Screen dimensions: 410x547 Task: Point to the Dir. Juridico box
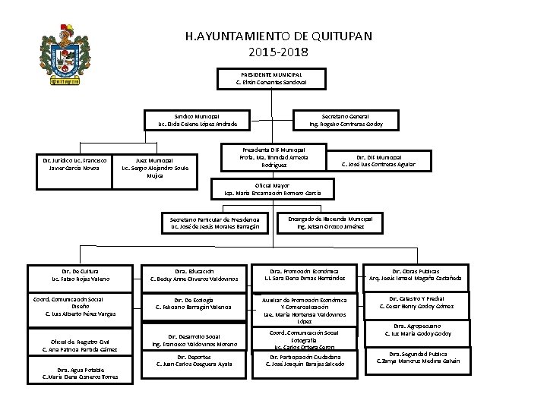pos(74,165)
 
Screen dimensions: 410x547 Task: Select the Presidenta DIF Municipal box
pos(273,157)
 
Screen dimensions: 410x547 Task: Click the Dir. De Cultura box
pos(80,274)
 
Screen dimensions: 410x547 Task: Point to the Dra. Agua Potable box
pos(80,371)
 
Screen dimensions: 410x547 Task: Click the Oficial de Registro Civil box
pos(80,345)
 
